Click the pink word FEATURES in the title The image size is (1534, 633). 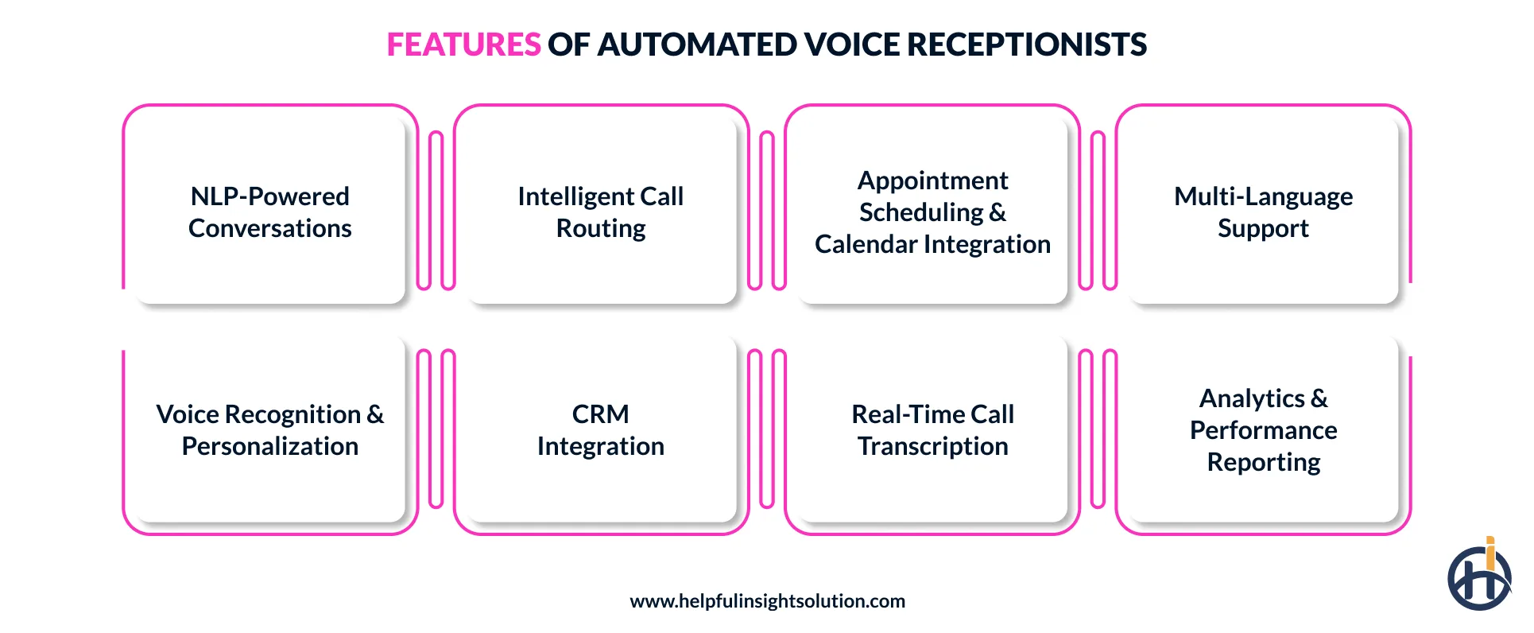click(x=463, y=45)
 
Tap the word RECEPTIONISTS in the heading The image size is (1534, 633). click(x=1027, y=45)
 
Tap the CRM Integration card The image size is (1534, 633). click(x=601, y=429)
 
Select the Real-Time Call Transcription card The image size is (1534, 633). click(x=932, y=429)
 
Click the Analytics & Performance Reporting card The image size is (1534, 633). click(x=1263, y=429)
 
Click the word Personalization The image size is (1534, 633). click(x=270, y=446)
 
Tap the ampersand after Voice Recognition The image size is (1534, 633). click(x=375, y=414)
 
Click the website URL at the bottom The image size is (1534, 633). click(x=767, y=601)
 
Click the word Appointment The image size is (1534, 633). click(x=932, y=181)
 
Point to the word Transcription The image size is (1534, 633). click(x=932, y=446)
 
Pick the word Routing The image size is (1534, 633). click(x=601, y=228)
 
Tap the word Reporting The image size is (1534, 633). click(x=1263, y=462)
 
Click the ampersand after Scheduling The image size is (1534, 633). click(x=997, y=212)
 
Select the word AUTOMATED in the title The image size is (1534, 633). click(x=696, y=45)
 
